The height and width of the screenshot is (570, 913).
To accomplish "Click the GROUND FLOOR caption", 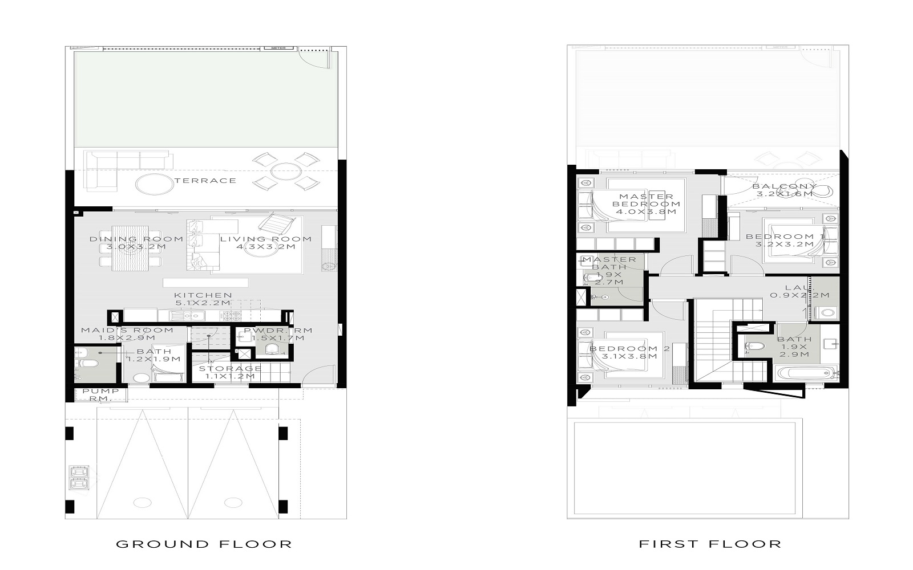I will click(x=204, y=544).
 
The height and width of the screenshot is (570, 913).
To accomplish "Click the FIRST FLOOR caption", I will click(x=710, y=544).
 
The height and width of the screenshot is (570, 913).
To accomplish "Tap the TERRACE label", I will click(x=205, y=181).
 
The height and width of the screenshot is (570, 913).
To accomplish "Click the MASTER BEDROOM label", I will click(x=646, y=204).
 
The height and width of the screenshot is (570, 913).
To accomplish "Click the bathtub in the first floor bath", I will click(x=806, y=374).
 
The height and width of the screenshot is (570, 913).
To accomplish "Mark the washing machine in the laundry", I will click(x=825, y=312).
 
